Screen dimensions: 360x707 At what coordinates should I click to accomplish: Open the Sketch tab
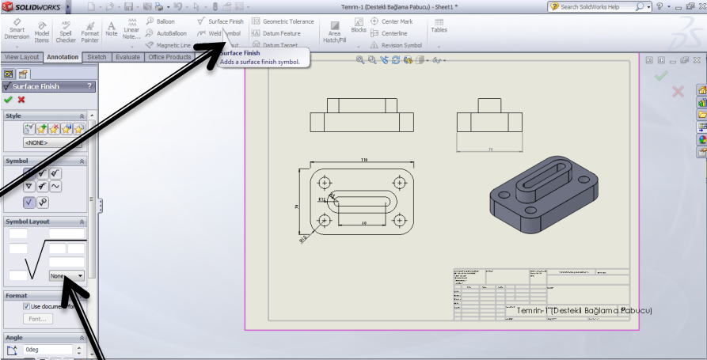coord(97,57)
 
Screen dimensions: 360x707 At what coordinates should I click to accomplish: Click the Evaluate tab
coord(127,57)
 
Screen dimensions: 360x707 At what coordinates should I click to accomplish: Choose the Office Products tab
coord(169,57)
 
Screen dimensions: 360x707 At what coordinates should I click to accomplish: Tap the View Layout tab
coord(21,57)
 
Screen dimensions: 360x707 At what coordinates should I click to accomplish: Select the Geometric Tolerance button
coord(283,21)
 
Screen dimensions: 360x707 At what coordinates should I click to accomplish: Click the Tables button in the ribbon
coord(439,25)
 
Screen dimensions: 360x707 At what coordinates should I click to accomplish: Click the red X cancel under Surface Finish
coord(21,100)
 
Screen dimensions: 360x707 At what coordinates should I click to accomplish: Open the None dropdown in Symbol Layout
coord(67,275)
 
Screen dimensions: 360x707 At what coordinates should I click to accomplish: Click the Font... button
coord(37,319)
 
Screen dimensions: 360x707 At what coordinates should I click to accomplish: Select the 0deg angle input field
coord(48,349)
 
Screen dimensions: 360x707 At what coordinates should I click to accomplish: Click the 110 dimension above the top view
coord(364,161)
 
